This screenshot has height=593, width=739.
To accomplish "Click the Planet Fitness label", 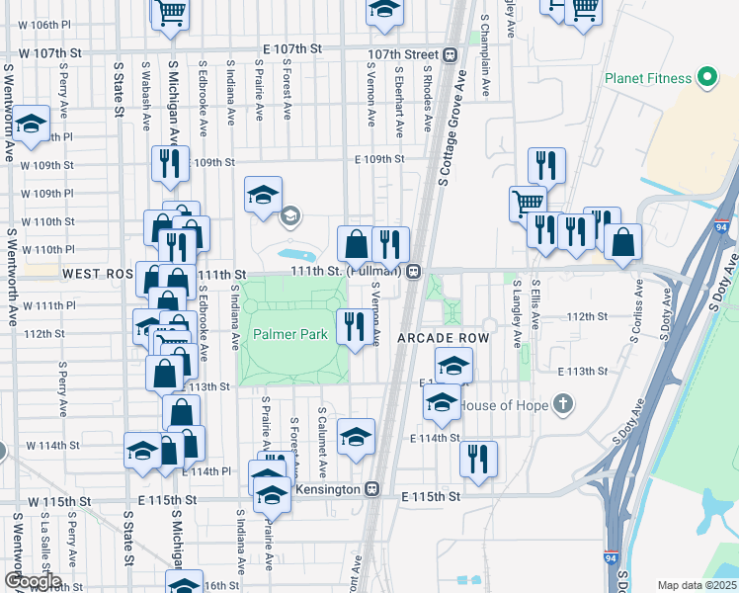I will click(x=646, y=77).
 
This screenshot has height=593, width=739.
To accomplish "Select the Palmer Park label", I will click(x=289, y=334).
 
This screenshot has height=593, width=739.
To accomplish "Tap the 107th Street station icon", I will click(x=450, y=54).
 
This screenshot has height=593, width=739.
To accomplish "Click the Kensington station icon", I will click(x=371, y=488).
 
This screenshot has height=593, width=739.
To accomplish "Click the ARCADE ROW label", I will click(x=443, y=338).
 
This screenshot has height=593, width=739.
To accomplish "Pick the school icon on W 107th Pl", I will click(x=31, y=124).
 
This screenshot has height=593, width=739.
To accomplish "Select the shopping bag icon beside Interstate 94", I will click(x=623, y=241).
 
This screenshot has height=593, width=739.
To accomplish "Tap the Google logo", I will click(x=32, y=580).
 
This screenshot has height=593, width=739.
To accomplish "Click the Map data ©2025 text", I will click(x=696, y=585).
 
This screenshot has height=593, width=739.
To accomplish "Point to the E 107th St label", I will click(x=292, y=48).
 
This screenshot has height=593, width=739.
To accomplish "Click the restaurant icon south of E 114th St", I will click(x=478, y=458).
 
